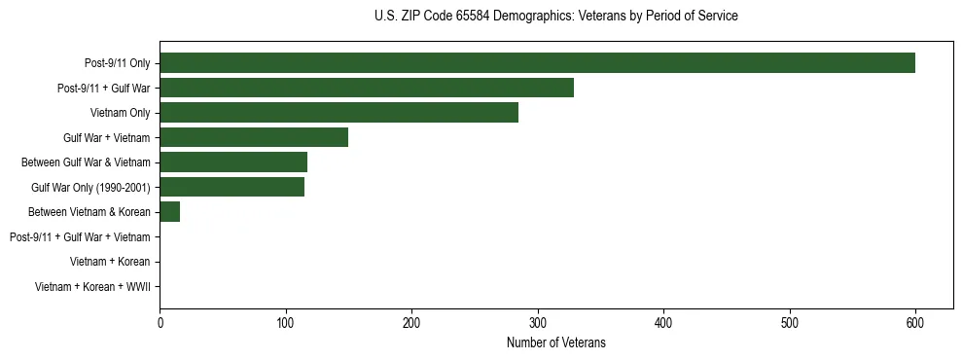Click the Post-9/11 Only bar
[x=537, y=63]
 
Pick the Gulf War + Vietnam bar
[x=254, y=137]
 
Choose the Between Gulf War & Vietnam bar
[x=233, y=162]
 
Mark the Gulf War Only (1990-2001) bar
[x=232, y=187]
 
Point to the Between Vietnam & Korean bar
[x=169, y=212]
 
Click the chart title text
[x=555, y=17]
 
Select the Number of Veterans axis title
[x=555, y=342]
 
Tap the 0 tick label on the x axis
[x=160, y=322]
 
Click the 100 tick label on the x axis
[x=286, y=322]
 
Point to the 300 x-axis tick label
[x=538, y=322]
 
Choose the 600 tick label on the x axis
[x=915, y=322]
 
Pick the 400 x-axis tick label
[x=663, y=322]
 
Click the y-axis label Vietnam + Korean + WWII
[x=92, y=287]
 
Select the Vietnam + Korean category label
[x=110, y=262]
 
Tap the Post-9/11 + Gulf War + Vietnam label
[x=80, y=236]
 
